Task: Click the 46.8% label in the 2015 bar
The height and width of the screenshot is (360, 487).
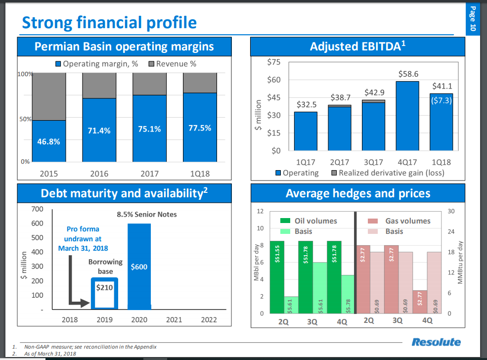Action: tap(48, 141)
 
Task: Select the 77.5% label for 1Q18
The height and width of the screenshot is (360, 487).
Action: tap(200, 128)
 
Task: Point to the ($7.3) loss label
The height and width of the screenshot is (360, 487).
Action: tap(441, 100)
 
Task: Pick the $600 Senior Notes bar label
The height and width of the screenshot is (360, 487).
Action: tap(138, 267)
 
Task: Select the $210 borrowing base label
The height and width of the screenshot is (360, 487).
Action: tap(104, 287)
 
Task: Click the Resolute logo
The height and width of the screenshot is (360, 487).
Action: tap(436, 342)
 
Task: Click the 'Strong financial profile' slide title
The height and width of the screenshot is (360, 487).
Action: tap(109, 23)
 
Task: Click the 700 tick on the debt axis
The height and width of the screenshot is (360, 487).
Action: tap(37, 209)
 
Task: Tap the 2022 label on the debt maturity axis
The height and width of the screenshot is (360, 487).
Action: tap(209, 320)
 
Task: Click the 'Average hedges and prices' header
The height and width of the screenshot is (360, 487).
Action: tap(358, 193)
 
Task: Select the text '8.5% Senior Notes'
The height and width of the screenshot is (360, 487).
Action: tap(146, 215)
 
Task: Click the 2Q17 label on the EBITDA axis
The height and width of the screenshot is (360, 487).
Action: tap(339, 162)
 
